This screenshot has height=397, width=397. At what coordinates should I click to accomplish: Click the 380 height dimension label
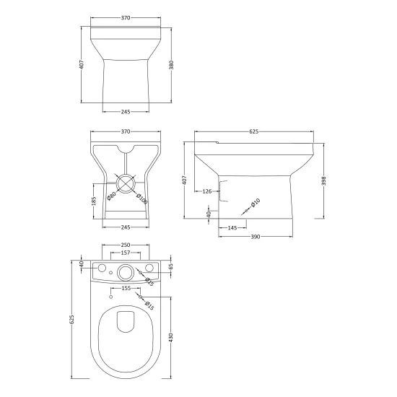pos(171,65)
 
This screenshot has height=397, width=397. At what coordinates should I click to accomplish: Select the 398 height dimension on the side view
pos(324,180)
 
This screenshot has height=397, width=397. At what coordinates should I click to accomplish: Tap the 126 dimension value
pos(207,191)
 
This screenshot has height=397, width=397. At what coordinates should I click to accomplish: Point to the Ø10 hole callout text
pos(256,203)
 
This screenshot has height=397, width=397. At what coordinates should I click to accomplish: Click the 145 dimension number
pos(232,228)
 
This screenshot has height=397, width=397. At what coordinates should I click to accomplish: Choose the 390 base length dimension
pos(256,237)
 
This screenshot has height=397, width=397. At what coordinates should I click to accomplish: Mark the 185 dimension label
pos(94,201)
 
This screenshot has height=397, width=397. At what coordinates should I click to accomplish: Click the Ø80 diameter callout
pos(111,196)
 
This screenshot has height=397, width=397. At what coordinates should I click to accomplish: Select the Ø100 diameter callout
pos(141,198)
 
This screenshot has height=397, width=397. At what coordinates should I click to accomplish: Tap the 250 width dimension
pos(126,245)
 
